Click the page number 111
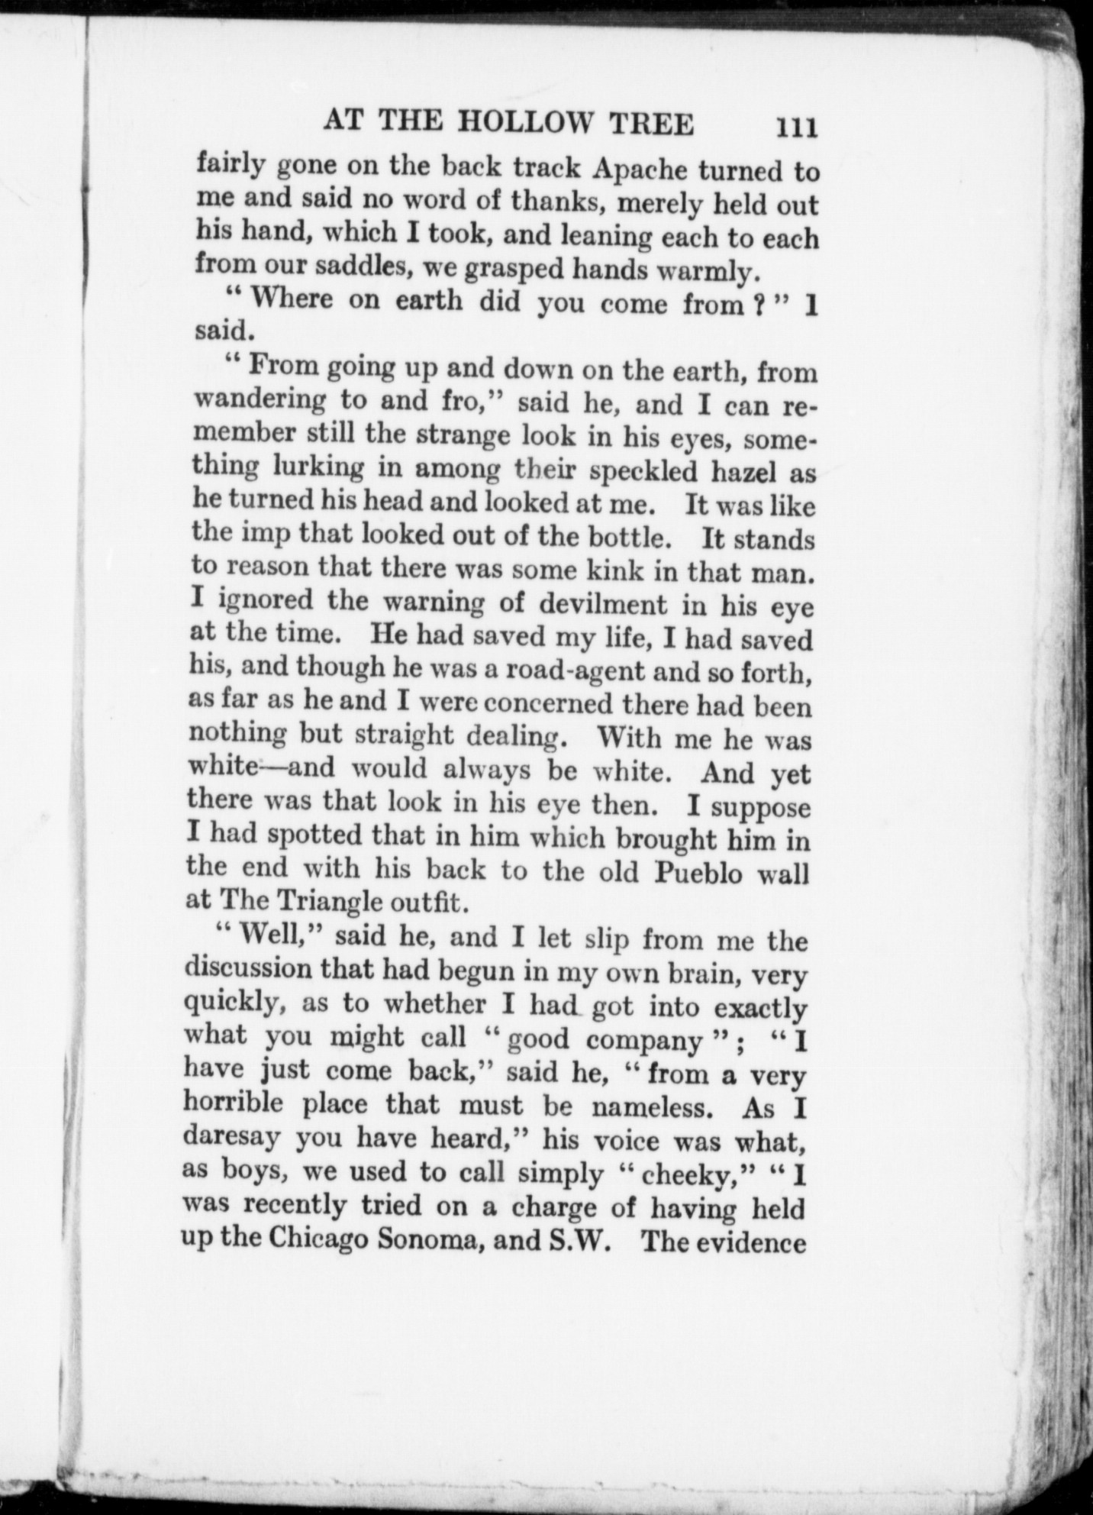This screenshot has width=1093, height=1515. [x=796, y=126]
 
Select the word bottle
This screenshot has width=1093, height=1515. [x=630, y=538]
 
